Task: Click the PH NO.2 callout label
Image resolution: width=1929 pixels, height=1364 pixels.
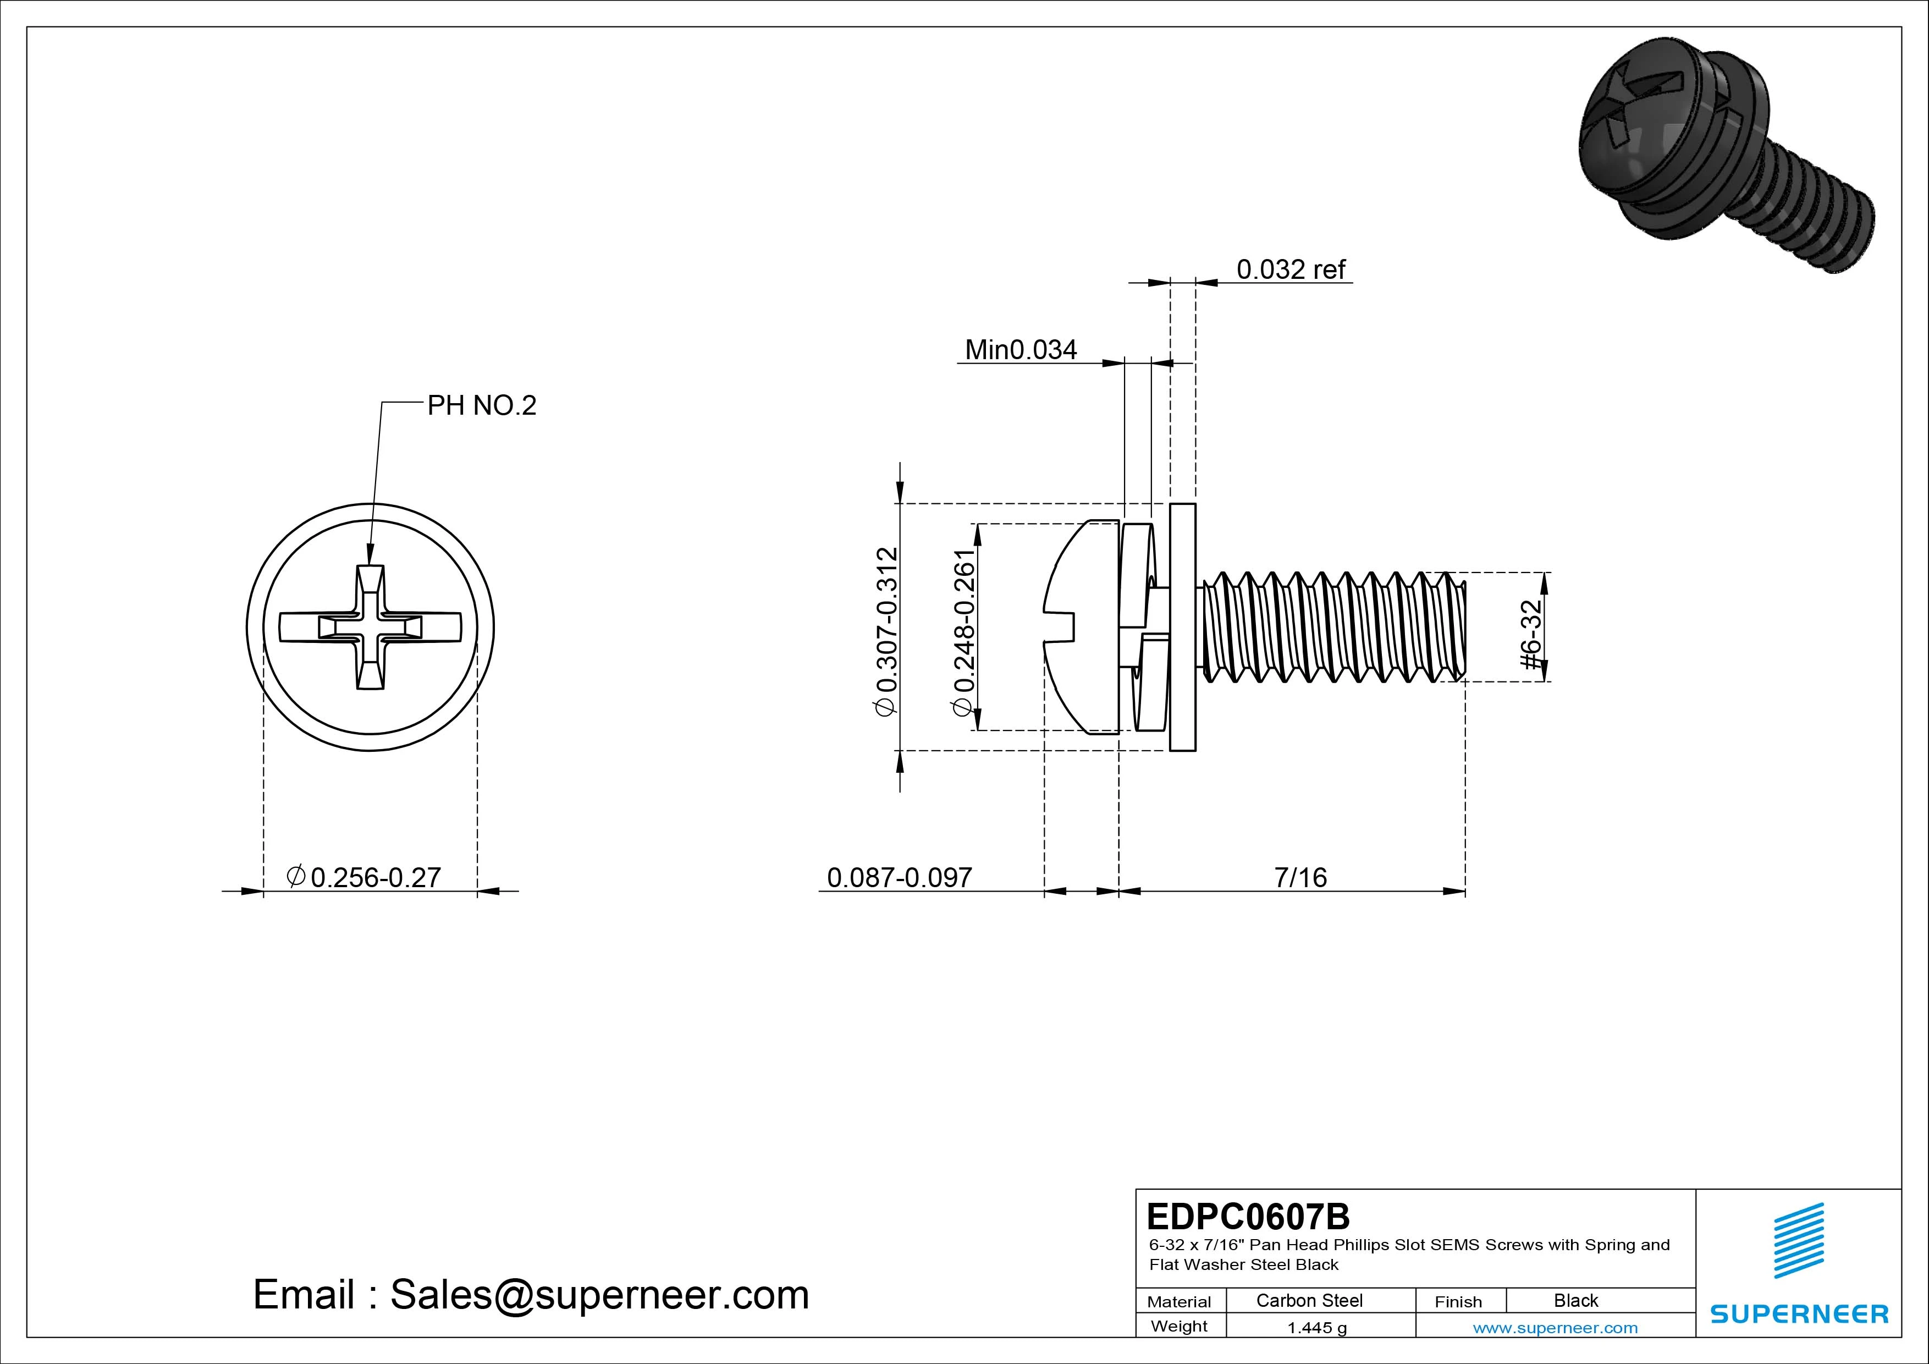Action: (481, 405)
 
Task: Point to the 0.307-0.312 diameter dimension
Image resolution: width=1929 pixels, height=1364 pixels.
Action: (887, 630)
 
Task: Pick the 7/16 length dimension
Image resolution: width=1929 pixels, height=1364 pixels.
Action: (1300, 877)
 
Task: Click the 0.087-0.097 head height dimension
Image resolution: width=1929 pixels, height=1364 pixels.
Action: (899, 877)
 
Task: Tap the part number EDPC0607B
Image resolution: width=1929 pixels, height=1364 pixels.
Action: (1248, 1216)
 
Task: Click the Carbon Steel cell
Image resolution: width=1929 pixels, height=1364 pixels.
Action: (1309, 1300)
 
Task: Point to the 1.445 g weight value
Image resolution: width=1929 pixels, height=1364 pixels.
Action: (1316, 1328)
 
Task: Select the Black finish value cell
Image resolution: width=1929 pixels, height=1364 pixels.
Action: (1575, 1300)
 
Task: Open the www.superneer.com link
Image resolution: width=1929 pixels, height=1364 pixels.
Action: (1555, 1328)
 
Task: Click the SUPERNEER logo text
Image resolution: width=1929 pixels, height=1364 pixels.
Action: (1799, 1313)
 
